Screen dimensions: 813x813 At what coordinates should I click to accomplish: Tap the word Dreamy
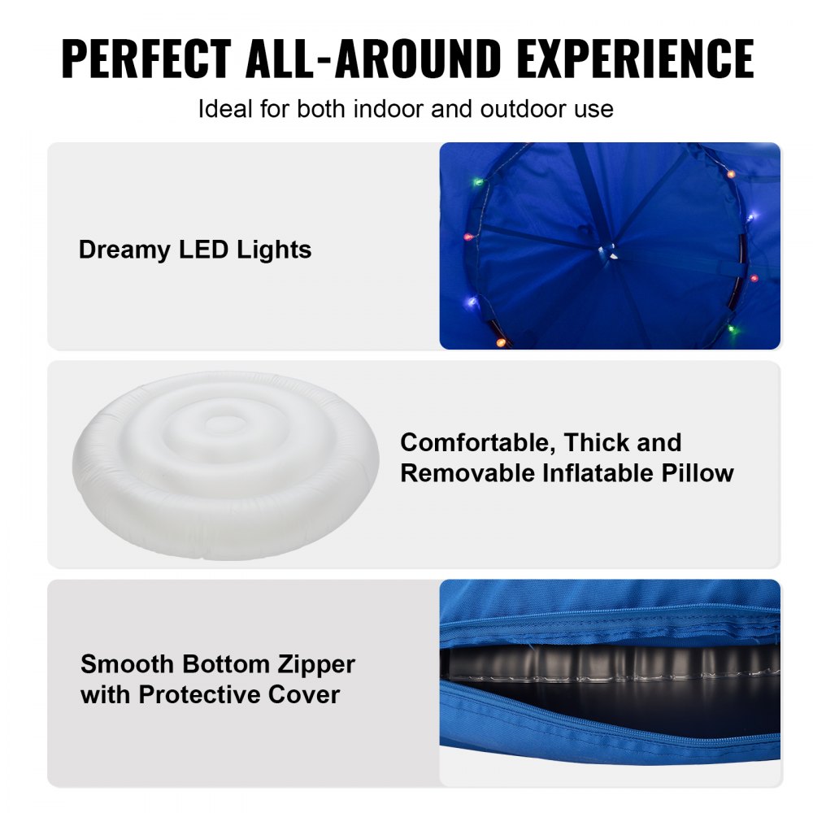tap(125, 250)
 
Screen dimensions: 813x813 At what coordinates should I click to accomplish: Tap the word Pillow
tap(705, 473)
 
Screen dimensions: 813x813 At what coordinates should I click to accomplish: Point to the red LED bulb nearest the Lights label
tap(467, 237)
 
